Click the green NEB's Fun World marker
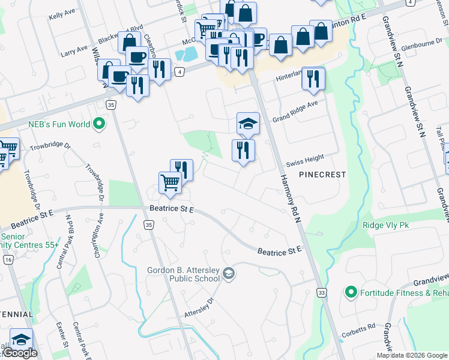click(x=100, y=125)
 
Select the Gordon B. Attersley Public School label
click(x=183, y=274)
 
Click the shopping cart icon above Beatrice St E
click(x=170, y=182)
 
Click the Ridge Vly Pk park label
click(x=385, y=226)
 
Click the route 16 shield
click(x=8, y=259)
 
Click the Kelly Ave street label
click(x=62, y=14)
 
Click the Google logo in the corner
click(x=19, y=353)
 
